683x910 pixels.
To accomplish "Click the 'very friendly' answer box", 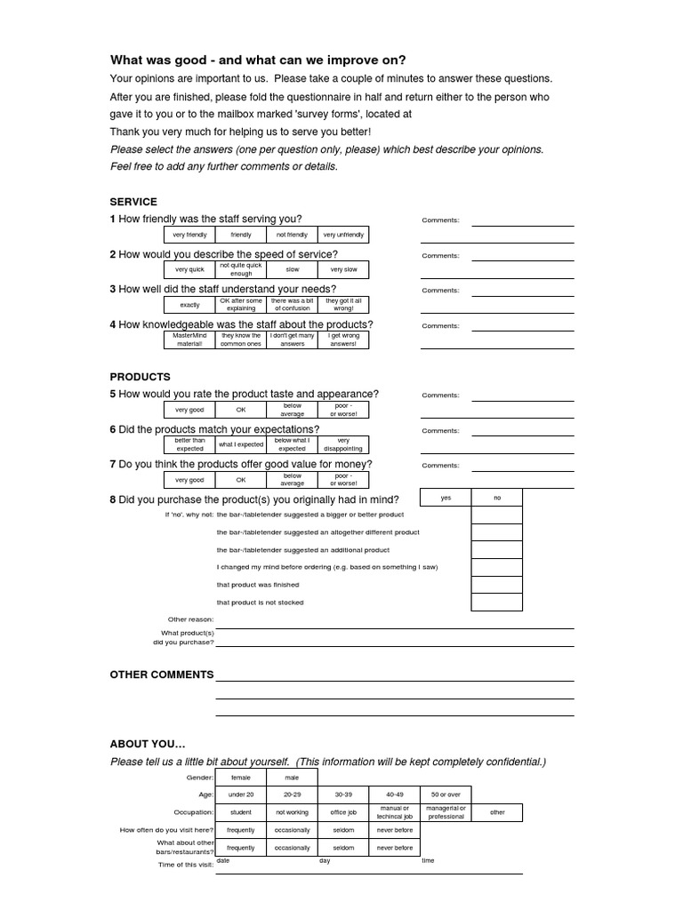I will [189, 235].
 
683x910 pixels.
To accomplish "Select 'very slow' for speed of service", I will [343, 269].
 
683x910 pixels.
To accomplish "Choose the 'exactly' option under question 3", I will [189, 305].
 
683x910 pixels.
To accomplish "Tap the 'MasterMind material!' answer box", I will [189, 339].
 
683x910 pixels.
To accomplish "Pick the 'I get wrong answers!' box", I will [343, 339].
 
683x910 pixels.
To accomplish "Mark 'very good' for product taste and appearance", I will [189, 410].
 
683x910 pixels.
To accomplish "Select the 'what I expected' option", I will [241, 444].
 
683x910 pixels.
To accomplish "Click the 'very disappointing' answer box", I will [343, 444].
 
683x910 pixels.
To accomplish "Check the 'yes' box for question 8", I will [446, 498].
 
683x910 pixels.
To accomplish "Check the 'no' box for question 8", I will [497, 498].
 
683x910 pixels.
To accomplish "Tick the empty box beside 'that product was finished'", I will [497, 585].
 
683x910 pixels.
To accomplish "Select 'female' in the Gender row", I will [241, 777].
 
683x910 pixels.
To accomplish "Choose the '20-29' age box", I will [293, 794].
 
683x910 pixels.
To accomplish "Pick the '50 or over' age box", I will [446, 794].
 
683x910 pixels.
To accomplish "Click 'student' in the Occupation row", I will [241, 812].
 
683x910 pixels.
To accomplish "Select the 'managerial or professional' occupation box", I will [446, 812].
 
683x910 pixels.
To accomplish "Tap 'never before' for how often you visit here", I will [395, 830].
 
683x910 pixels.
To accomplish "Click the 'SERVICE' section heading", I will [133, 202].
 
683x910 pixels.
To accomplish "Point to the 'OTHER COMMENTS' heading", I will [162, 675].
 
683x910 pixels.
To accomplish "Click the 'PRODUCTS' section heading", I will [140, 377].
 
